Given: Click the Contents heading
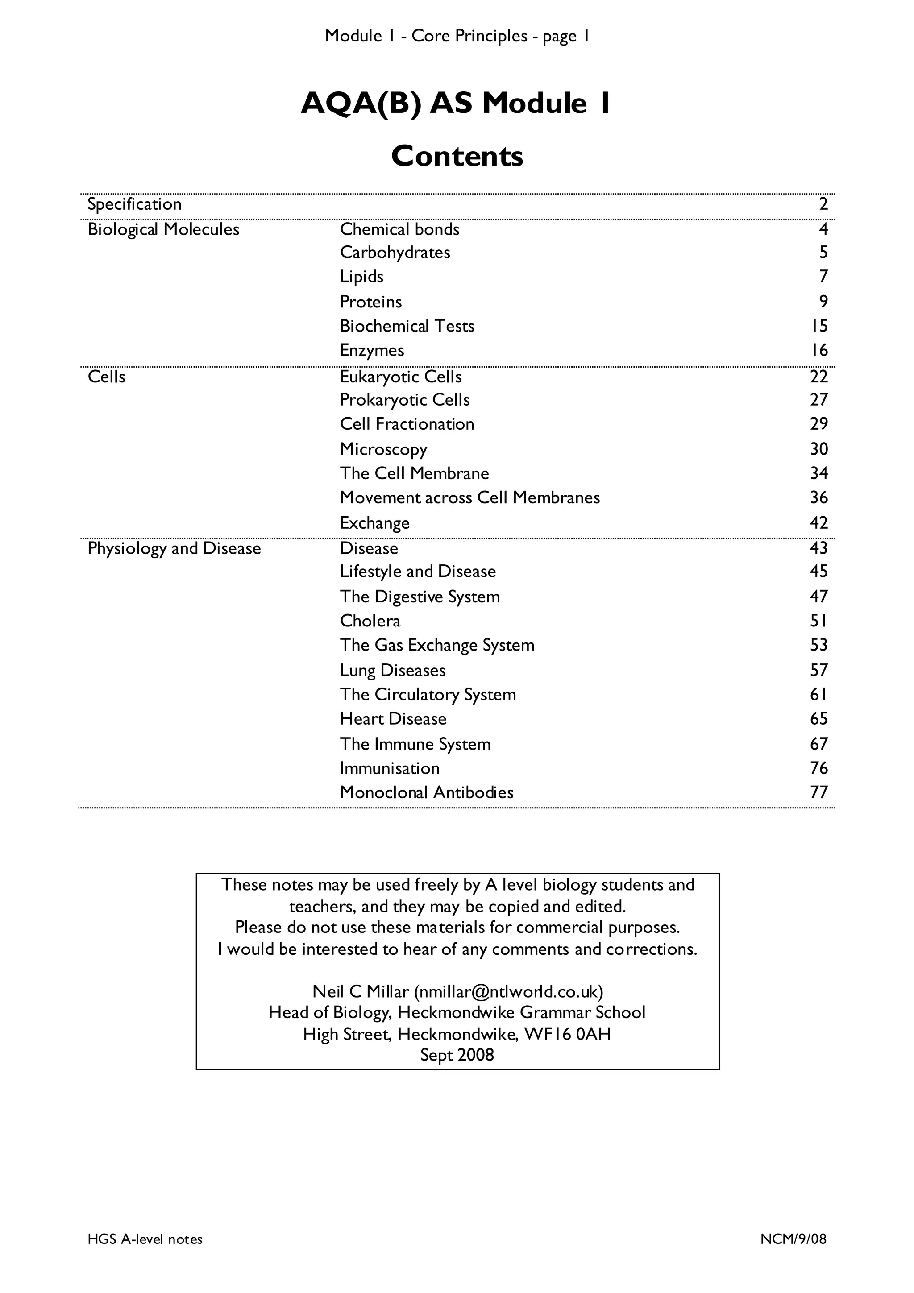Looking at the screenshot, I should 457,156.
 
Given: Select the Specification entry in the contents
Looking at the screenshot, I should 135,204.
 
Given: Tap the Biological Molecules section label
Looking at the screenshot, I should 163,229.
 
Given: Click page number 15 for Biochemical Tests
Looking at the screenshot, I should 819,326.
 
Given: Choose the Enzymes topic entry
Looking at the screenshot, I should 372,350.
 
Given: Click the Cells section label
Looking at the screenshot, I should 106,377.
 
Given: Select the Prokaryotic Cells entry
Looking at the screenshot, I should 404,400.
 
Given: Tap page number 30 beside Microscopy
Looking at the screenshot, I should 819,449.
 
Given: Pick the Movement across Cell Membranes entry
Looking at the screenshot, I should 469,498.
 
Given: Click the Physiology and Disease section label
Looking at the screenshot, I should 174,548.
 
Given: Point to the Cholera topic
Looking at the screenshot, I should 370,621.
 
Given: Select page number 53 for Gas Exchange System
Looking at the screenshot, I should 819,645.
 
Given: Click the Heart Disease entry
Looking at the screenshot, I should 393,719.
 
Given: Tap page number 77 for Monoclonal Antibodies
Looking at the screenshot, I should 819,792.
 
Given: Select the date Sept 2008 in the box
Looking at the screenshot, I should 457,1055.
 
